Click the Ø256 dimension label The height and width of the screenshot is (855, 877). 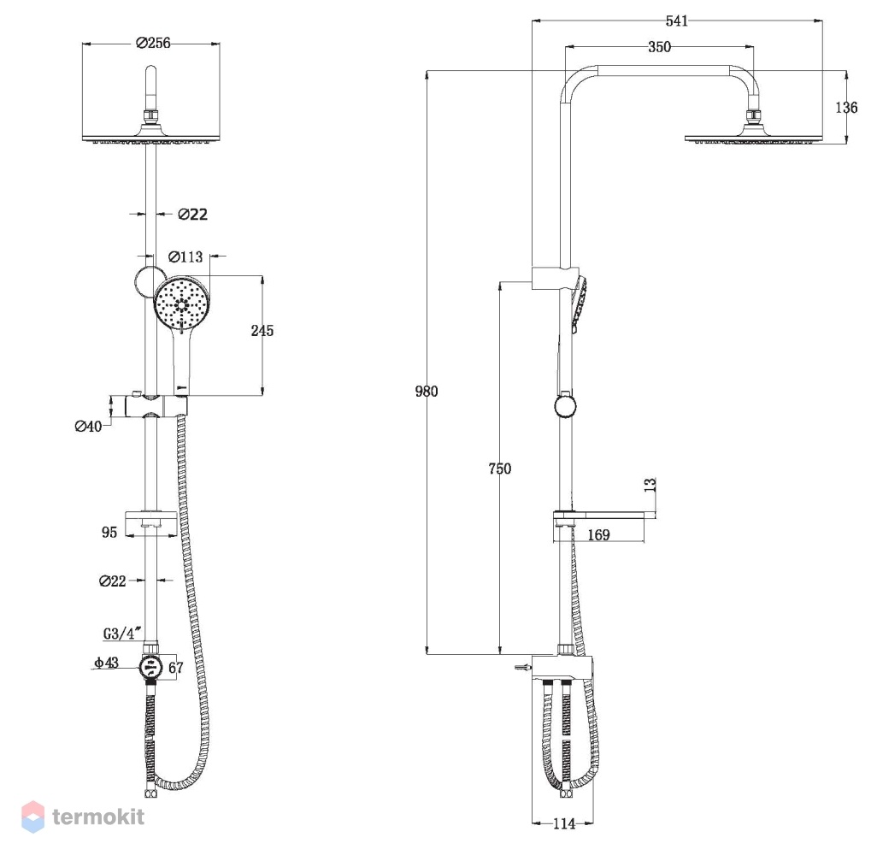coord(153,43)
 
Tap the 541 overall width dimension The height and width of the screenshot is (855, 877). coord(677,21)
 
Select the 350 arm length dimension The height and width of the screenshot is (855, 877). coord(659,47)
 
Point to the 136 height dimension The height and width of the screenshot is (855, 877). coord(846,108)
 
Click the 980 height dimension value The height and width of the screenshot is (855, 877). coord(427,391)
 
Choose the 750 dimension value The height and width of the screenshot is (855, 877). coord(499,469)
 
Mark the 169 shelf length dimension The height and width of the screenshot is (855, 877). coord(598,535)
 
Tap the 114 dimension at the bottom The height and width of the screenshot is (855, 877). coord(564,823)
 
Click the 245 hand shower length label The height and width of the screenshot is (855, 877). coord(262,331)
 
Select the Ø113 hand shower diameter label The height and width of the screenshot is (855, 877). coord(185,256)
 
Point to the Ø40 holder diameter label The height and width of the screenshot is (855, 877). coord(88,427)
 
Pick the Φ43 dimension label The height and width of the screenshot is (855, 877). coord(106,663)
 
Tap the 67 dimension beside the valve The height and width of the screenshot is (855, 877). coord(175,668)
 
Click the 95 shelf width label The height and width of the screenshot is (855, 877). coord(109,532)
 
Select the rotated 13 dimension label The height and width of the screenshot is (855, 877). coord(650,485)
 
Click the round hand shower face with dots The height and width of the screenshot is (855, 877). coord(181,304)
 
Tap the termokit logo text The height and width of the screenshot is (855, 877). coord(98,817)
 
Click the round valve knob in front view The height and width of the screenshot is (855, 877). coord(151,668)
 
